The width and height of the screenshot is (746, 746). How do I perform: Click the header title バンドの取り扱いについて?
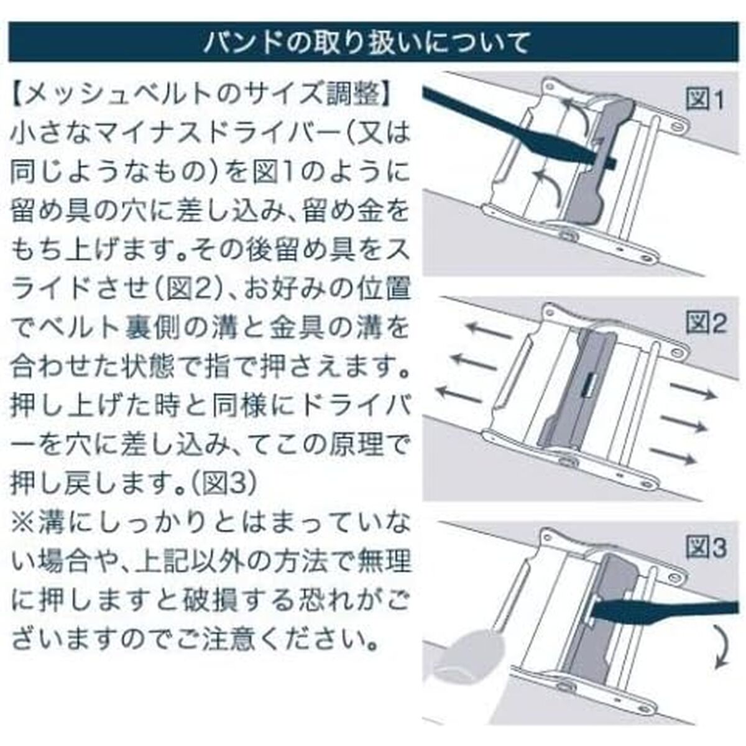(366, 42)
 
